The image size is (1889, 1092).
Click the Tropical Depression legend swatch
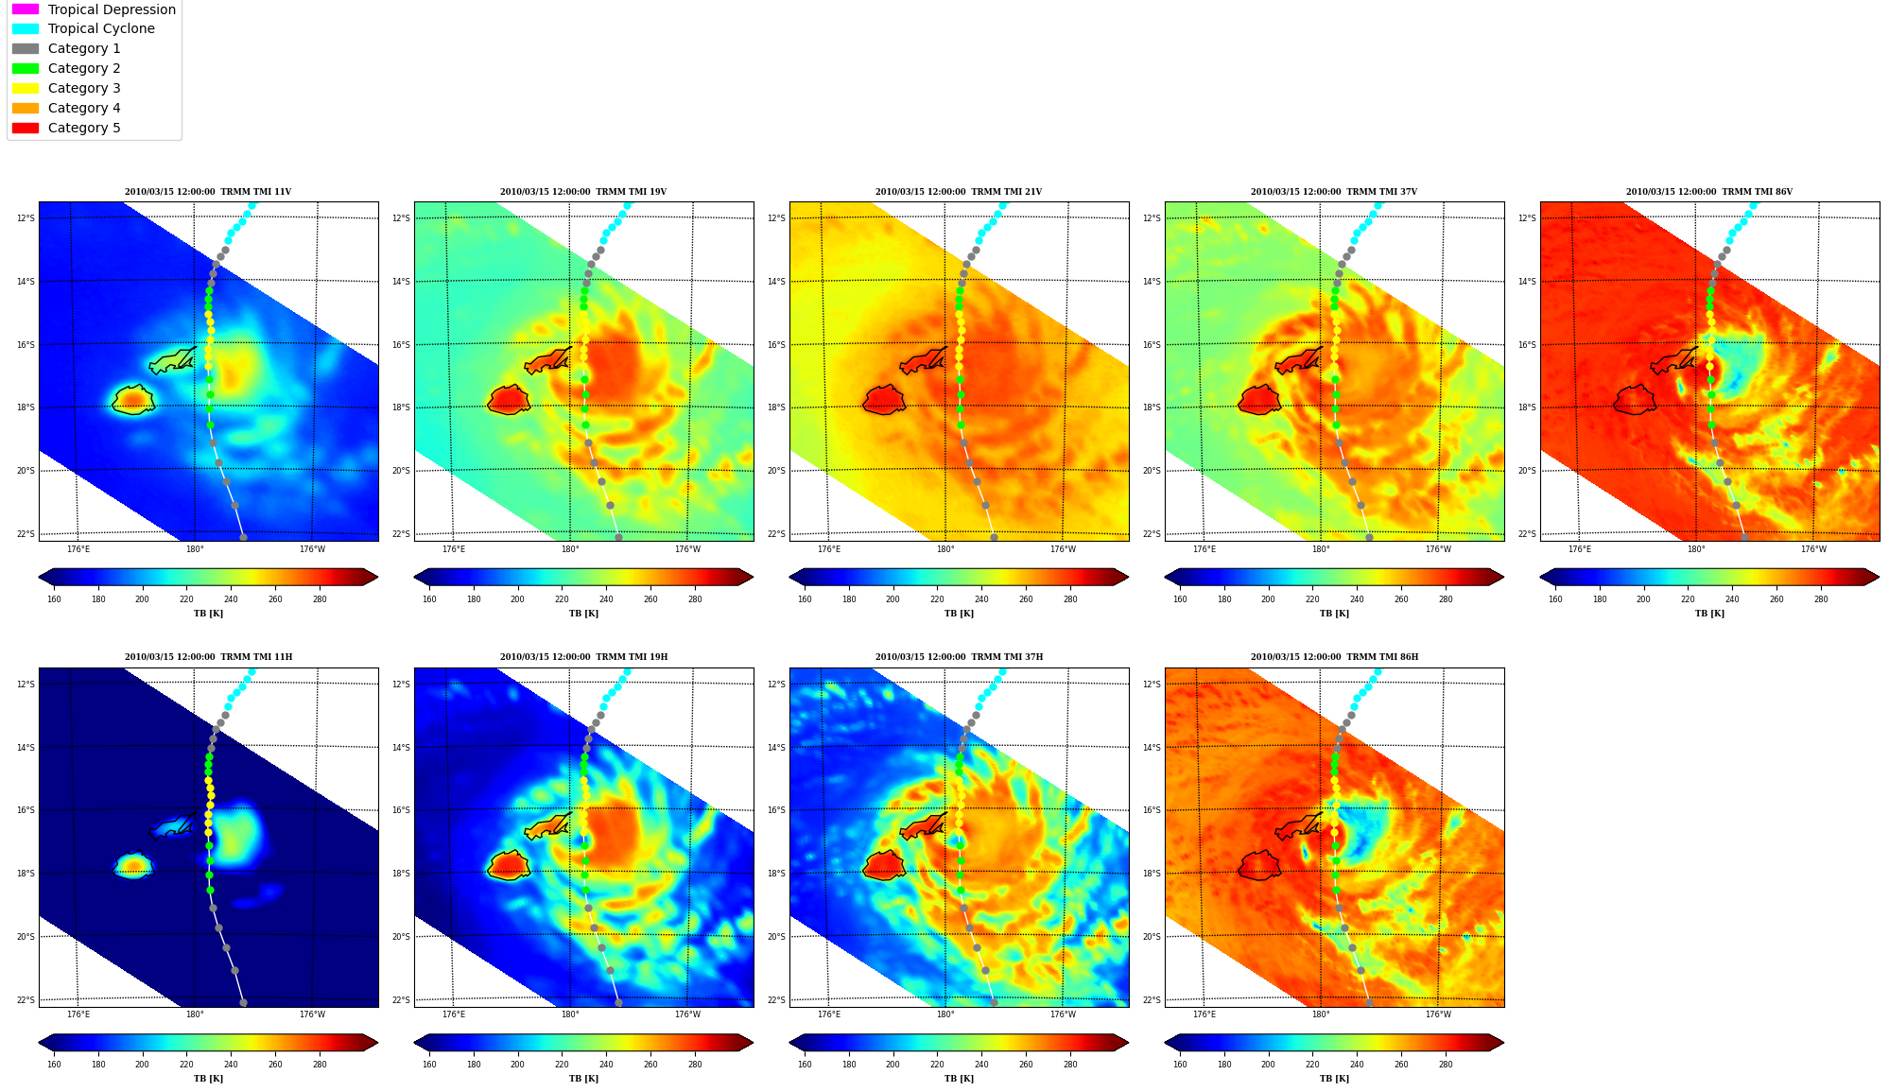[26, 9]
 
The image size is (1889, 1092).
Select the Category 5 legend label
[84, 128]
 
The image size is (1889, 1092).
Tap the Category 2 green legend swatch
[26, 68]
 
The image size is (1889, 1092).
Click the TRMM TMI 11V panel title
[208, 192]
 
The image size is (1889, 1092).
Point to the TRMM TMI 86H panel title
[1334, 657]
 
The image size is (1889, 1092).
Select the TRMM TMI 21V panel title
[959, 192]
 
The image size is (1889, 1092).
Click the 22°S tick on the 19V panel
[401, 534]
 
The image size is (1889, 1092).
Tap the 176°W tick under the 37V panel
[1438, 549]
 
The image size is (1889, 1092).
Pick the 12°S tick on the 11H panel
[26, 685]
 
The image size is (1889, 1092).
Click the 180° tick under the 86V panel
[1696, 549]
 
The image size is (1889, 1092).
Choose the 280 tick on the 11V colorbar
[320, 599]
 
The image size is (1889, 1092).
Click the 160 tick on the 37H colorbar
[805, 1065]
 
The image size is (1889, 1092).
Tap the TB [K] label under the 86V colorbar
[1709, 614]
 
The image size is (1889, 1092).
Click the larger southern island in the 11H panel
[132, 865]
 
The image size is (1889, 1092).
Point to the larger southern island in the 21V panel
[884, 400]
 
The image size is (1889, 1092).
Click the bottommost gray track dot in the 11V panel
[243, 537]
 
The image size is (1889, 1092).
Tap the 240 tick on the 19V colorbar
[606, 599]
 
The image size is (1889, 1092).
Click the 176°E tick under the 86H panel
[1204, 1015]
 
